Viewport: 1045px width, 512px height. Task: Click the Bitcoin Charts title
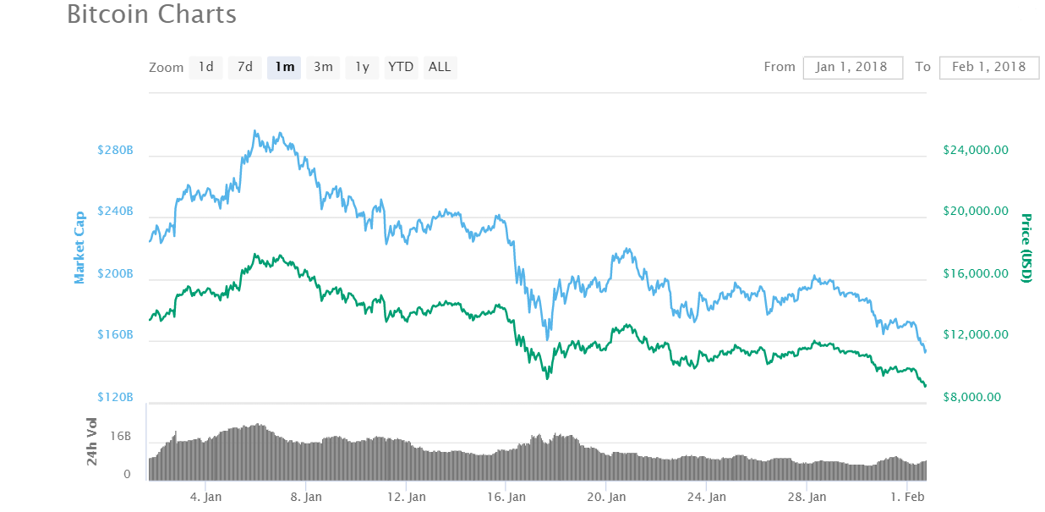coord(152,14)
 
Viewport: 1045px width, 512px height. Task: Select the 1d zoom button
coord(205,67)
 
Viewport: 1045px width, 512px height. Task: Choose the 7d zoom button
coord(244,67)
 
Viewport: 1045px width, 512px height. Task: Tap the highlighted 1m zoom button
coord(284,67)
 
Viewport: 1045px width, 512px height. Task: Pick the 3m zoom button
coord(323,67)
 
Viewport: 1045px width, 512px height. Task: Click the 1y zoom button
coord(362,67)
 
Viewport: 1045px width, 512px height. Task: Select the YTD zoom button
coord(401,67)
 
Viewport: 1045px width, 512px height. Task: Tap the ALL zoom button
coord(440,67)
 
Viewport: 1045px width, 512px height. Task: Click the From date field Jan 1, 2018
coord(852,67)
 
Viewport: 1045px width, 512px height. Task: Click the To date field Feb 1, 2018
coord(988,67)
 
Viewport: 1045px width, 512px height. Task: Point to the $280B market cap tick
coord(115,150)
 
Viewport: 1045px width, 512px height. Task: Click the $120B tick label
coord(115,397)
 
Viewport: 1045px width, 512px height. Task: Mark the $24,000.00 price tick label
coord(976,150)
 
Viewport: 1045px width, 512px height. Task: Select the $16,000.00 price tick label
coord(976,273)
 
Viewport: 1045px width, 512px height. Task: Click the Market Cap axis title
coord(79,248)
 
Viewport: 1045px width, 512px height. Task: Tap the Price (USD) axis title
coord(1026,248)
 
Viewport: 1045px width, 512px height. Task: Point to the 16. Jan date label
coord(506,497)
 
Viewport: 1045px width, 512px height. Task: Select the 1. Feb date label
coord(906,497)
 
